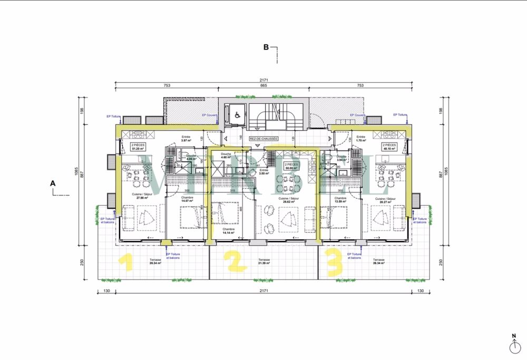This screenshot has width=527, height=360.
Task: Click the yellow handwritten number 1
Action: click(x=125, y=262)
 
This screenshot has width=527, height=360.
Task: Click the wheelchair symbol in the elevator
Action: click(x=237, y=113)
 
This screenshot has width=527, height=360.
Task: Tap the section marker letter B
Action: click(x=267, y=47)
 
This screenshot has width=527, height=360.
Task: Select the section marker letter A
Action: click(x=52, y=183)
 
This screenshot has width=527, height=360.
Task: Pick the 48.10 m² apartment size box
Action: click(x=391, y=147)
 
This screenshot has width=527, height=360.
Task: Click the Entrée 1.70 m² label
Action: click(x=361, y=139)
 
